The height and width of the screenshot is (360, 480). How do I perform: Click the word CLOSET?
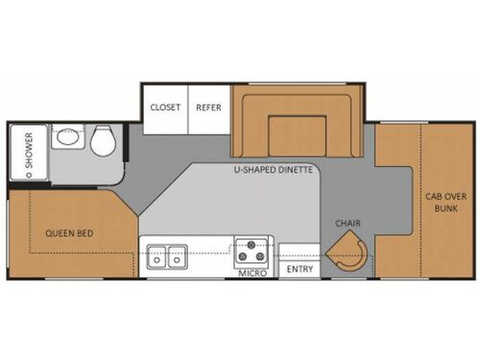[x=165, y=107]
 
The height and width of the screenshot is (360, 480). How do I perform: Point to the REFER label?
[x=208, y=107]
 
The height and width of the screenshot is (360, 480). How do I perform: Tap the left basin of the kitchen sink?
[x=156, y=256]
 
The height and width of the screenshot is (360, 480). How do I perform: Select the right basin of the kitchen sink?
[x=176, y=256]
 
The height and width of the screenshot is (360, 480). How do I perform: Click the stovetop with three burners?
[x=254, y=253]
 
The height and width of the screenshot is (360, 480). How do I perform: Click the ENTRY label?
[x=300, y=269]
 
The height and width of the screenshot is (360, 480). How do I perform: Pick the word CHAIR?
[x=348, y=223]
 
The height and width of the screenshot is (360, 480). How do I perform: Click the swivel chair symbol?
[x=348, y=255]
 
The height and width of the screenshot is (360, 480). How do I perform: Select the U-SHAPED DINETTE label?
[x=274, y=171]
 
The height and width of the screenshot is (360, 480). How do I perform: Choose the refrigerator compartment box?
[x=207, y=112]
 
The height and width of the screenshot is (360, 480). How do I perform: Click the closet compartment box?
[x=164, y=112]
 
